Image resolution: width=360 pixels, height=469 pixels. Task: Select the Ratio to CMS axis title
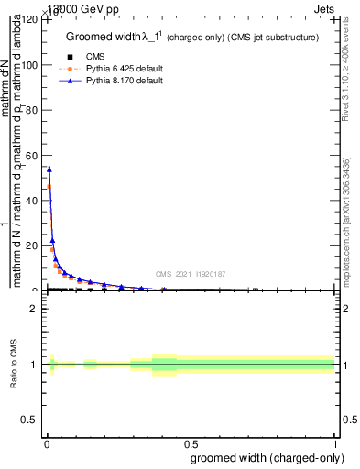(x=15, y=365)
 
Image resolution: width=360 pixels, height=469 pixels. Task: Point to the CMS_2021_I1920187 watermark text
(x=190, y=274)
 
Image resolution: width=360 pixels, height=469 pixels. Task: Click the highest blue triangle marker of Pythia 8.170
(x=49, y=169)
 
